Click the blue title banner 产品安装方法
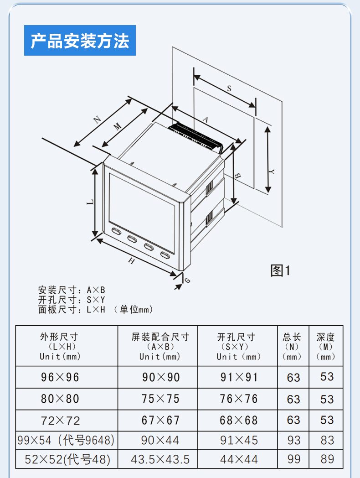(x=80, y=40)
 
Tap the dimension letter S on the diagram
(x=229, y=88)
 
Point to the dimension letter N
(x=97, y=119)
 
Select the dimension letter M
(x=118, y=126)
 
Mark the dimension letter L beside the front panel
(x=91, y=202)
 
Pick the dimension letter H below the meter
(x=131, y=261)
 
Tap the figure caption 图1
(x=280, y=270)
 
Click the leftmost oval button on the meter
(x=116, y=231)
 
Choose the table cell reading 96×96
(x=60, y=377)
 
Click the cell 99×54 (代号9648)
(x=66, y=440)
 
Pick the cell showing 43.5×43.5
(x=160, y=459)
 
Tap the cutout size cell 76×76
(x=239, y=399)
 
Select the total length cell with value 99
(x=293, y=459)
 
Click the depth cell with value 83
(x=327, y=440)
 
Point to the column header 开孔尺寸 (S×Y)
(x=238, y=347)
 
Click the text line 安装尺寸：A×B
(x=72, y=290)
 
